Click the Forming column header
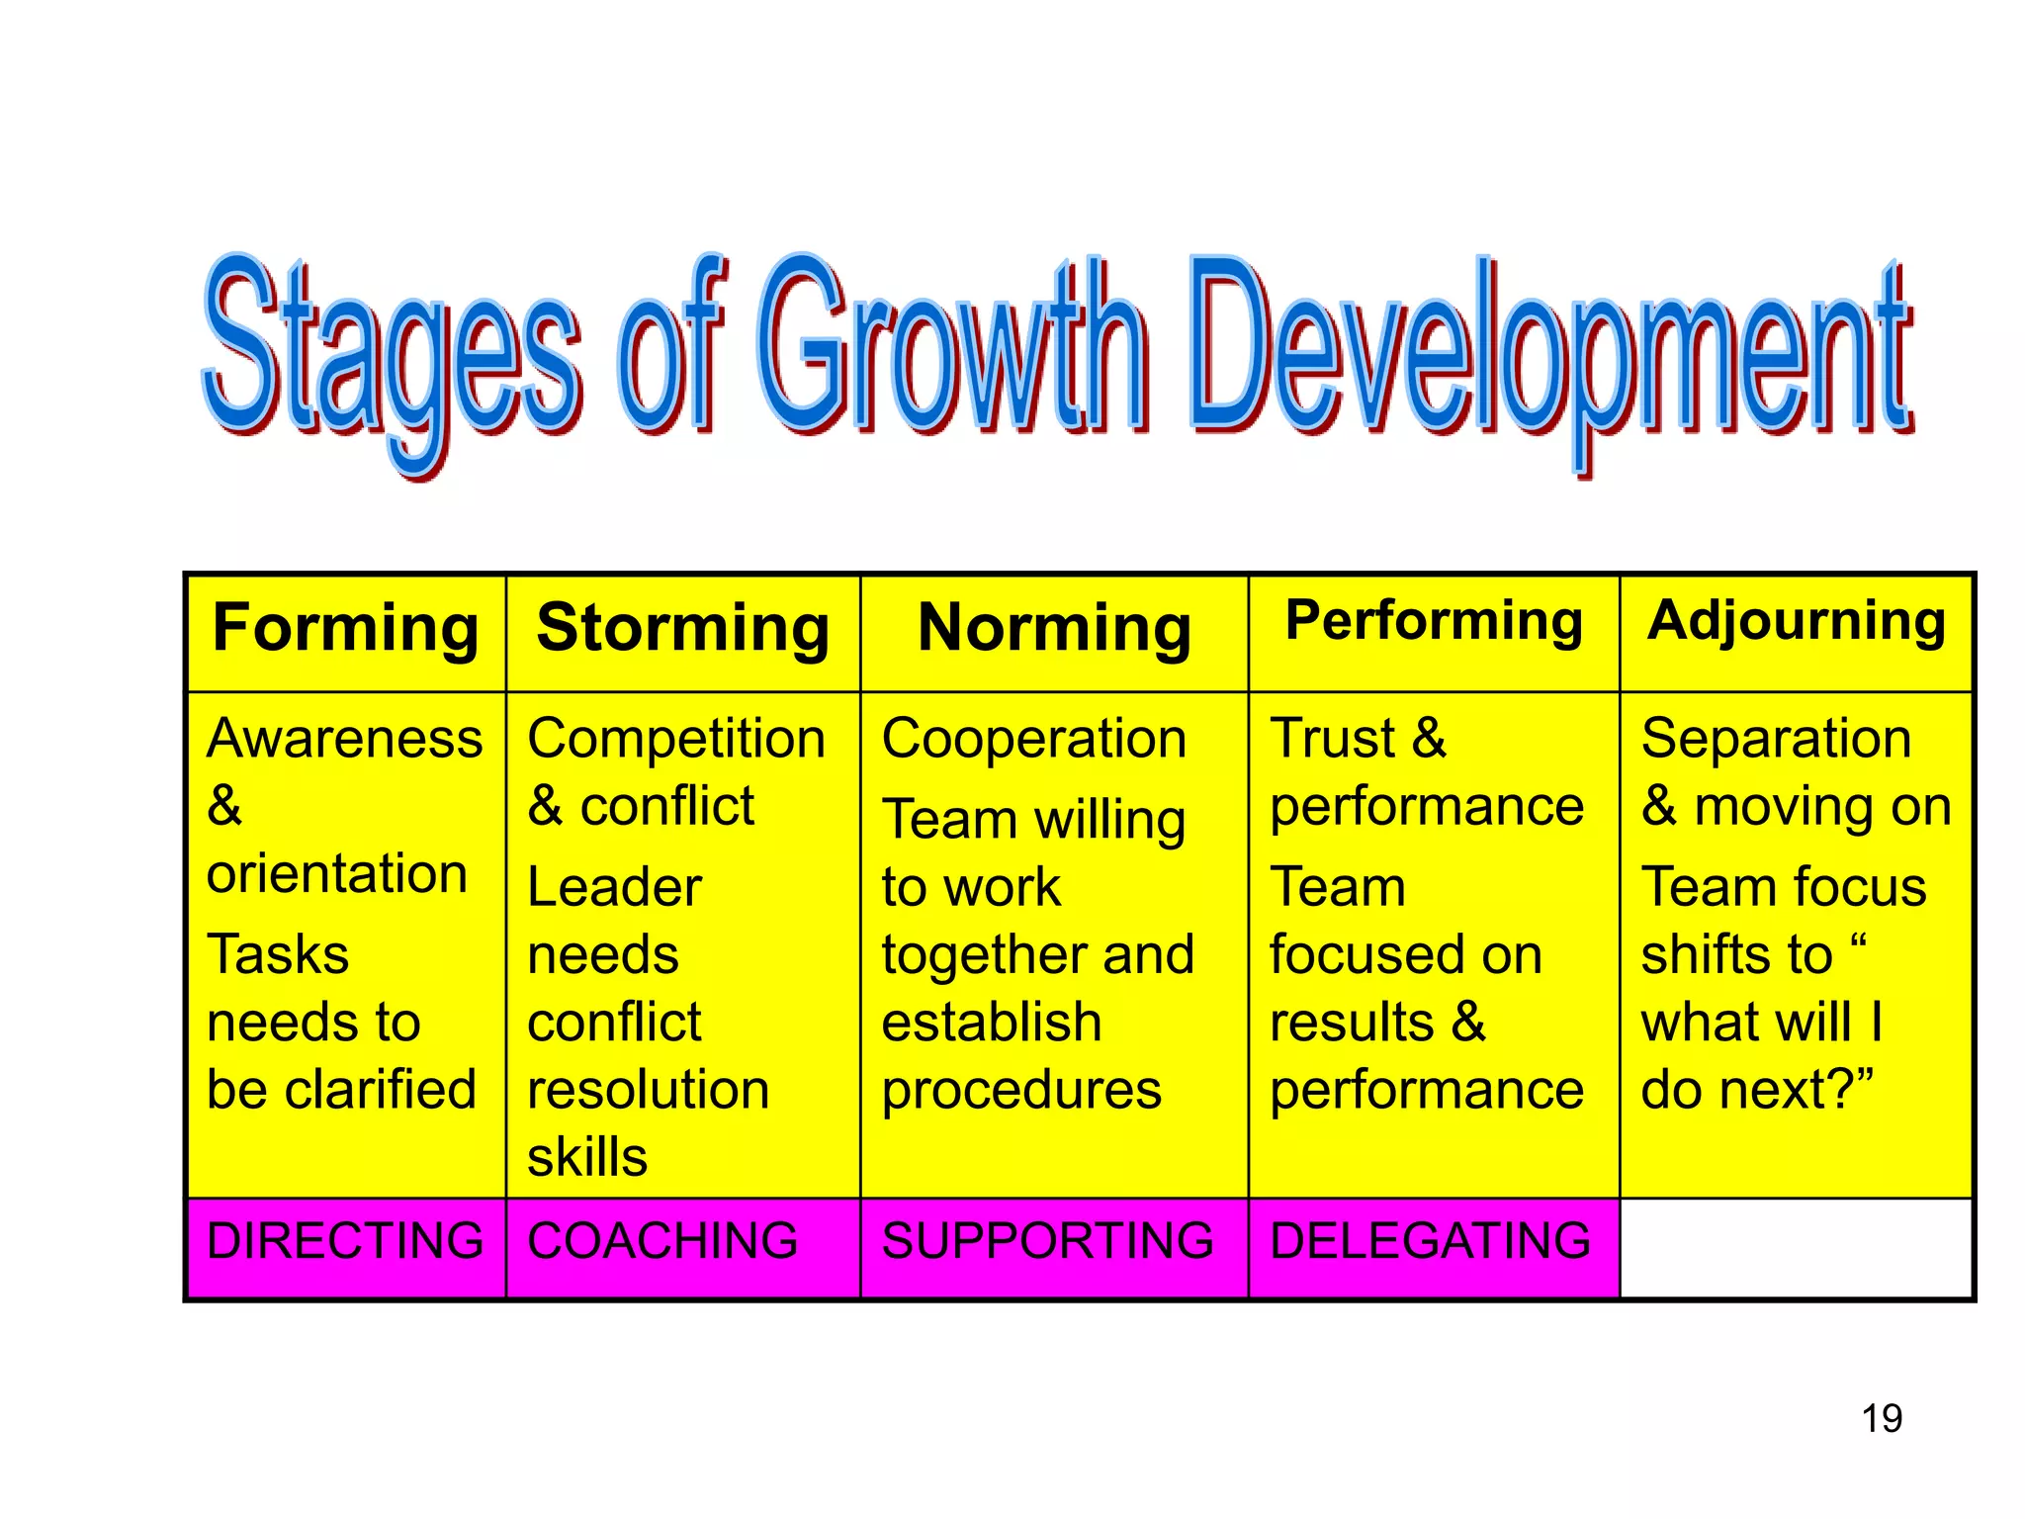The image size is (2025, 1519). [x=346, y=629]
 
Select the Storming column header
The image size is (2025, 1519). [x=682, y=629]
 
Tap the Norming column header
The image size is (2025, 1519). [x=1054, y=629]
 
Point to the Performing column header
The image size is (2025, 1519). [x=1434, y=622]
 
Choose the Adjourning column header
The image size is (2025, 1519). [x=1797, y=622]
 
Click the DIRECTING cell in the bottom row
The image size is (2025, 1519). [x=346, y=1241]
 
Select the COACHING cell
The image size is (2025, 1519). [x=662, y=1241]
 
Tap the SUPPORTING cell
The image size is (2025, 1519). [x=1048, y=1241]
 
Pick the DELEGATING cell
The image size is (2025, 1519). [x=1431, y=1241]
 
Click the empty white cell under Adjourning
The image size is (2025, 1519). [x=1797, y=1248]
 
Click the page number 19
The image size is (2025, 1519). [x=1882, y=1418]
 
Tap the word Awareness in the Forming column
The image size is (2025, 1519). [x=345, y=739]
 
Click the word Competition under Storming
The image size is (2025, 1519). [x=676, y=739]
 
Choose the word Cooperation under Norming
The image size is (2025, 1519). [x=1034, y=739]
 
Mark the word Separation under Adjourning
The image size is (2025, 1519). [x=1777, y=739]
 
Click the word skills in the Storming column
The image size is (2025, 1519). [x=587, y=1157]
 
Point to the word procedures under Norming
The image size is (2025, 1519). [x=1021, y=1090]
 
